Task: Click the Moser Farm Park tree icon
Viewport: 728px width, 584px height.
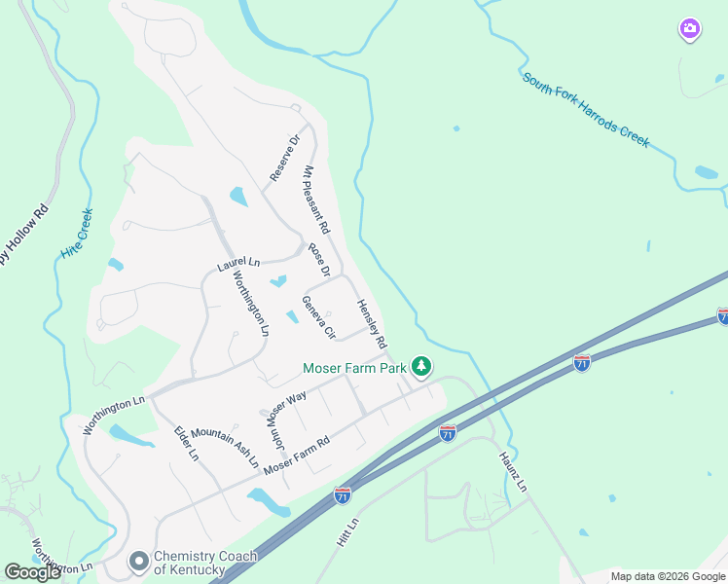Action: click(421, 367)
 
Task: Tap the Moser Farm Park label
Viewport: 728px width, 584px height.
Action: click(354, 368)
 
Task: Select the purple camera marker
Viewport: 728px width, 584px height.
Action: click(689, 30)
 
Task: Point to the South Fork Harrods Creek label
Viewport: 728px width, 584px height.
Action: click(586, 110)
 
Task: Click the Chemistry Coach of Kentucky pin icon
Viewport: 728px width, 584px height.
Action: click(139, 562)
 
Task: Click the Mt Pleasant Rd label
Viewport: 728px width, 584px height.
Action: click(317, 200)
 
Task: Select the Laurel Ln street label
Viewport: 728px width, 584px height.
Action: click(238, 263)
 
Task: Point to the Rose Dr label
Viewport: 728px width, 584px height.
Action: click(320, 258)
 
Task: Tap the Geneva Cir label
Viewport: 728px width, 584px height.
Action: click(318, 317)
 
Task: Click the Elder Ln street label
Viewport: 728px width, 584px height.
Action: click(186, 442)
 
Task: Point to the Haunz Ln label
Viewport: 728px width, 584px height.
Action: click(514, 472)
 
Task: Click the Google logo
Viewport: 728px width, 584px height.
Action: click(32, 572)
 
